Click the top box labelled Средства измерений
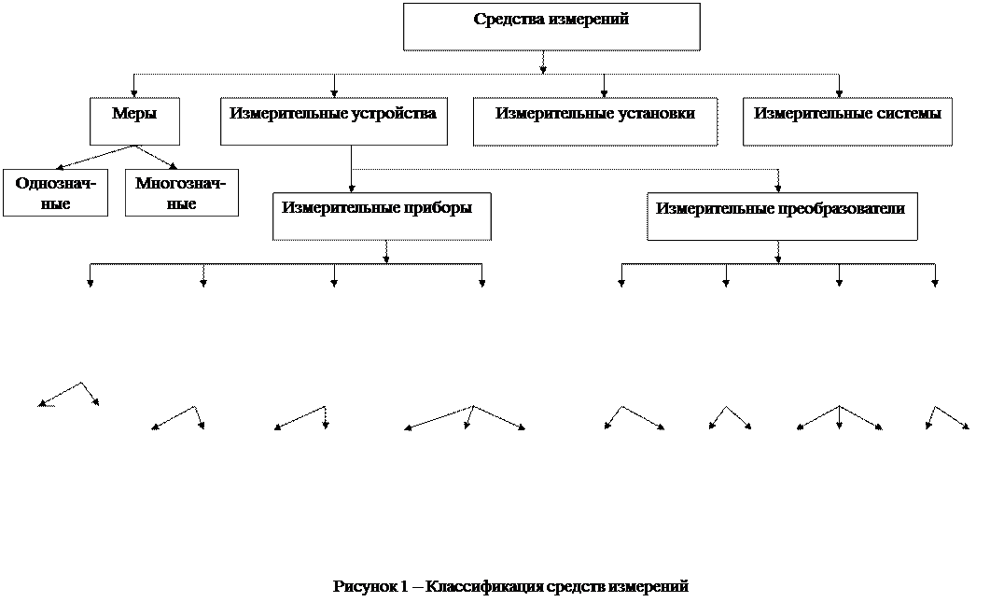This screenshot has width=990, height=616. pos(551,27)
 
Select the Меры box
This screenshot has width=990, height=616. pos(134,122)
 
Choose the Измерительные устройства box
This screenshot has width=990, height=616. pos(333,122)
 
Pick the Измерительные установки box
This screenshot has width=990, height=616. pos(594,122)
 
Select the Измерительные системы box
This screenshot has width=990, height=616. pos(847,122)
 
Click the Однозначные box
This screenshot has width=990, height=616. pos(55,193)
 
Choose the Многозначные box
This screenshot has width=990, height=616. pos(181,193)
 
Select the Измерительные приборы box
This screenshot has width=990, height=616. pos(381,217)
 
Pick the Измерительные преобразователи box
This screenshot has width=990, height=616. pos(782,217)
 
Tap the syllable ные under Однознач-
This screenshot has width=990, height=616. pos(56,203)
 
